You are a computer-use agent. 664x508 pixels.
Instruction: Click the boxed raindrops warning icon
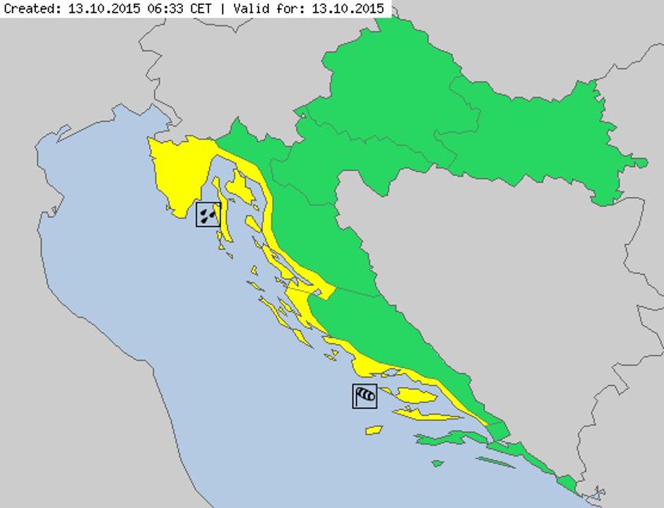click(x=208, y=214)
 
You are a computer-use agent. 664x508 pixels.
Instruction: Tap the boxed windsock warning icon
click(x=364, y=396)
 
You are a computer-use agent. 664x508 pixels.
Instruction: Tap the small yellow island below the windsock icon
click(x=373, y=430)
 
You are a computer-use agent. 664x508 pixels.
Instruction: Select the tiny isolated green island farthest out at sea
click(x=438, y=463)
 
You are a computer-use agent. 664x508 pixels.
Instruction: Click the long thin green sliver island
click(x=495, y=462)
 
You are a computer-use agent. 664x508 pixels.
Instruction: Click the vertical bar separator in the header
click(x=224, y=9)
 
